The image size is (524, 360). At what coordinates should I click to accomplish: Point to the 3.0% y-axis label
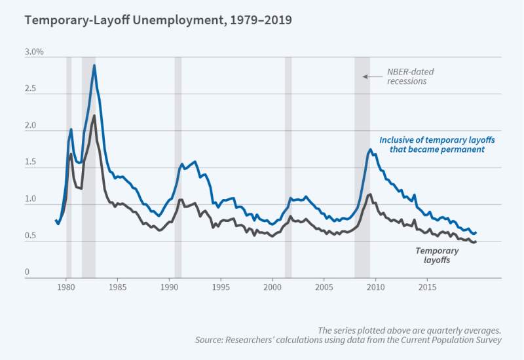pyautogui.click(x=33, y=52)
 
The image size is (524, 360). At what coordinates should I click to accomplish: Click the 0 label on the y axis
pyautogui.click(x=28, y=272)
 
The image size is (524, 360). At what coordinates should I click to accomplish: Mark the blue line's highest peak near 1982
pyautogui.click(x=94, y=65)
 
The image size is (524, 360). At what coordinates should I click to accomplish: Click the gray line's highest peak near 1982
pyautogui.click(x=94, y=116)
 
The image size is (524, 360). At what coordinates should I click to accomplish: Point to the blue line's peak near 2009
pyautogui.click(x=370, y=150)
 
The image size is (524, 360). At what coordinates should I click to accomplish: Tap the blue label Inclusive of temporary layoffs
pyautogui.click(x=432, y=145)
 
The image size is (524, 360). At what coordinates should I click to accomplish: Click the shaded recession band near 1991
pyautogui.click(x=178, y=164)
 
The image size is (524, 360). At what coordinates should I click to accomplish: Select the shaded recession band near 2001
pyautogui.click(x=288, y=164)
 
